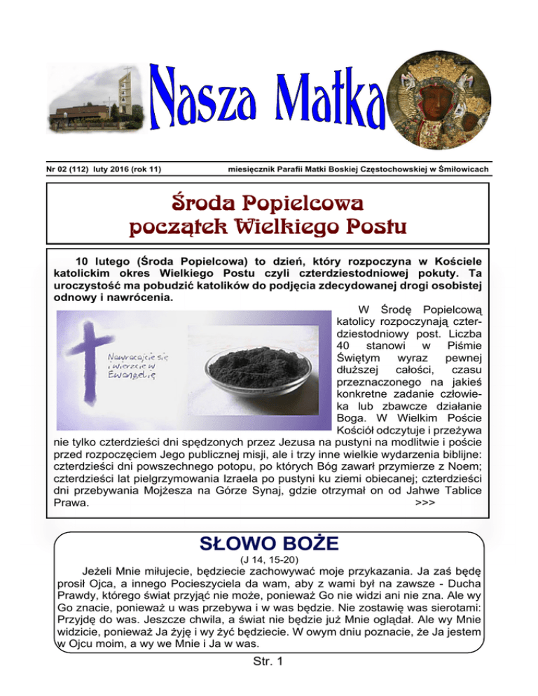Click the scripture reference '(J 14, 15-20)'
pos(269,560)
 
